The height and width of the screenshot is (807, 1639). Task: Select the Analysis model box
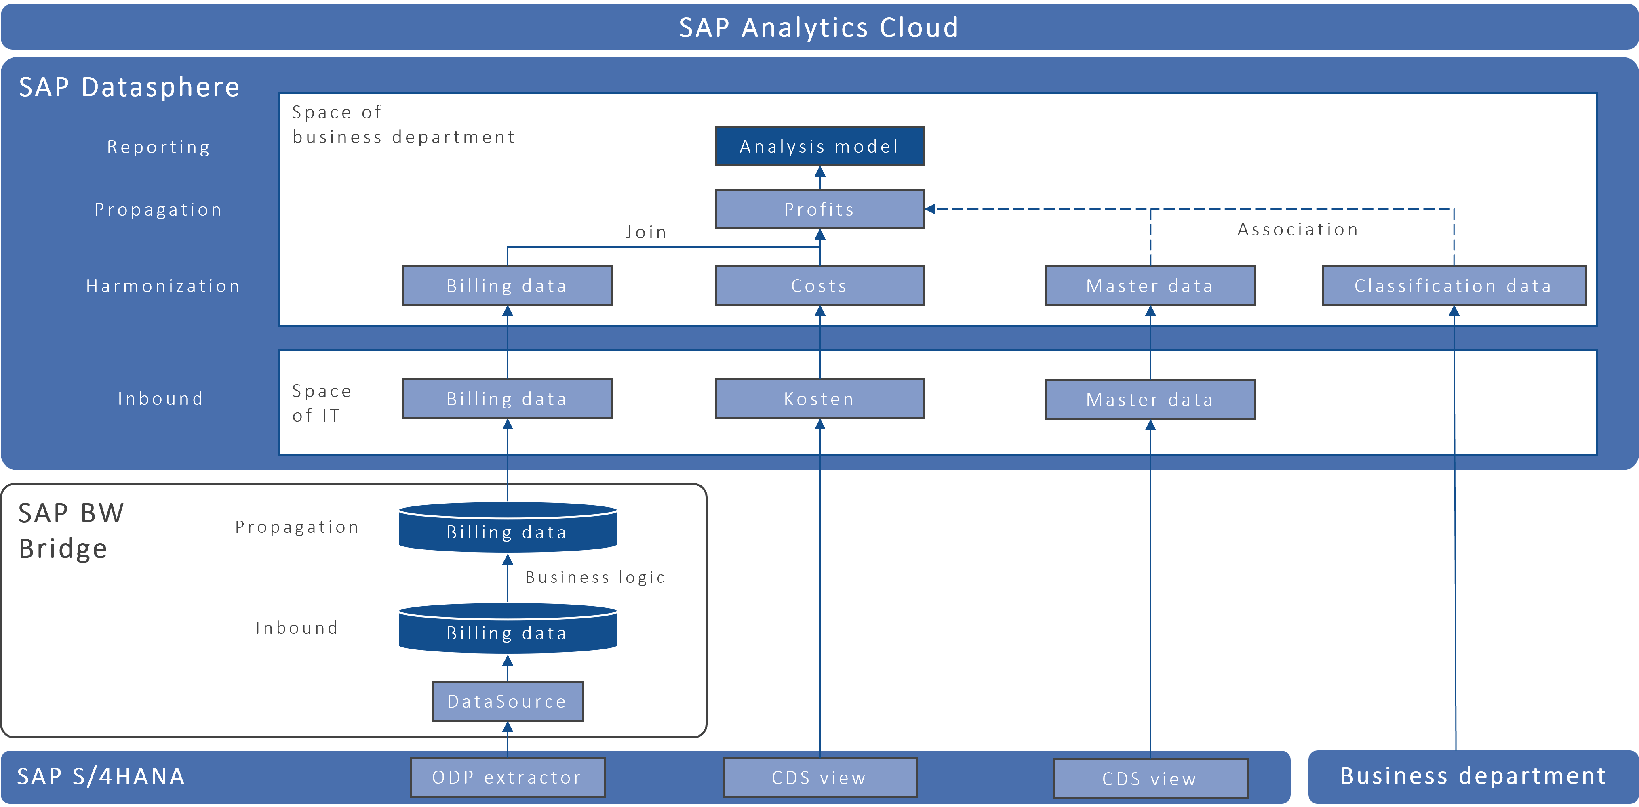(x=819, y=146)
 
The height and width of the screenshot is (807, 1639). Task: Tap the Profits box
(x=819, y=209)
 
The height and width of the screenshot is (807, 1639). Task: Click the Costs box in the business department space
(x=819, y=286)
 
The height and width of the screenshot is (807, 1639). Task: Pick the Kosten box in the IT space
(x=819, y=399)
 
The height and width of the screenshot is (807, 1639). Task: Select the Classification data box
(x=1453, y=286)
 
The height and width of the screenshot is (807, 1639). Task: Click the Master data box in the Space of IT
(x=1150, y=399)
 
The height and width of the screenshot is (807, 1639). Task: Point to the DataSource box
(x=507, y=701)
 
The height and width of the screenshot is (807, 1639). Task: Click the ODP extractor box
(x=507, y=777)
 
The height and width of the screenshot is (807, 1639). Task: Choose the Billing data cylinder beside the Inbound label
(x=507, y=631)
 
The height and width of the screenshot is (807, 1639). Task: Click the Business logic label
(x=595, y=577)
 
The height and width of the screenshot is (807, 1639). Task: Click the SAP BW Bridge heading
(x=71, y=530)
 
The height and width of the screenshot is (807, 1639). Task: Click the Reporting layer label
(x=158, y=147)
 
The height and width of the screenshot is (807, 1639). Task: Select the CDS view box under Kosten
(x=819, y=777)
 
